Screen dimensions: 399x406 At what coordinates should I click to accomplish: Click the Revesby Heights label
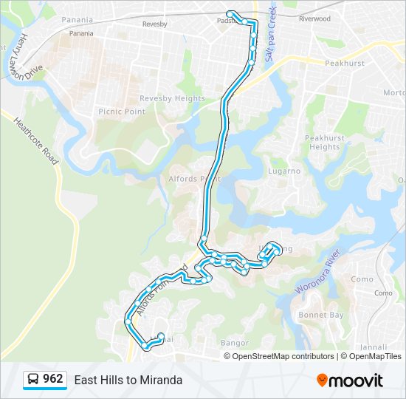(x=172, y=98)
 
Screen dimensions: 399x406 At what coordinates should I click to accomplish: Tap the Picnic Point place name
(x=121, y=111)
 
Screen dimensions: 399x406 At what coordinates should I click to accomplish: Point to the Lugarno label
(x=283, y=171)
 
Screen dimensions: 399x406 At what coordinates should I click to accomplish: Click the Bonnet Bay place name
(x=321, y=316)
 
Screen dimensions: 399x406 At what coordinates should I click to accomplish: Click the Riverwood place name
(x=314, y=18)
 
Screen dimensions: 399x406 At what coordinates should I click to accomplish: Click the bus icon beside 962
(x=33, y=380)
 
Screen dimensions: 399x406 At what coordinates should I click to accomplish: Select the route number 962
(x=53, y=379)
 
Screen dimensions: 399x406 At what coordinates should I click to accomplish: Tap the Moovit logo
(x=350, y=381)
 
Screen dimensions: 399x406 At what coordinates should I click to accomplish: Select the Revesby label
(x=154, y=24)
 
